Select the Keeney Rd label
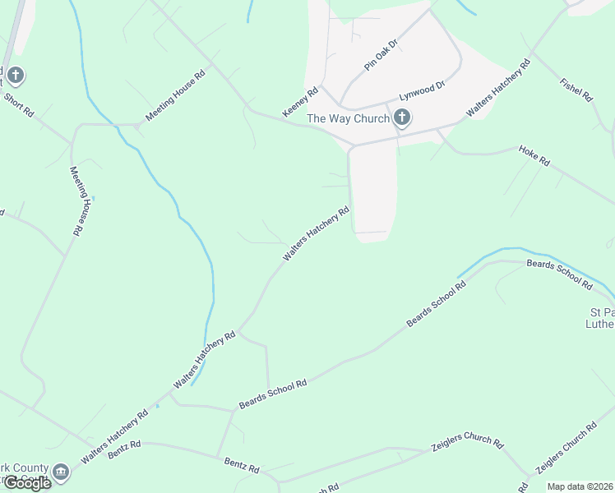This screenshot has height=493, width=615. click(x=300, y=102)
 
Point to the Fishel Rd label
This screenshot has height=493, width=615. click(x=576, y=90)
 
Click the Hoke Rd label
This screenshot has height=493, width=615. click(x=534, y=156)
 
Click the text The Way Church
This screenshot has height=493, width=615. click(x=348, y=118)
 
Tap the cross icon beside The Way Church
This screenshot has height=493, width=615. click(x=402, y=118)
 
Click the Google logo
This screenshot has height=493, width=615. click(x=26, y=483)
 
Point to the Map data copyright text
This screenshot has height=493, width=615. click(x=580, y=486)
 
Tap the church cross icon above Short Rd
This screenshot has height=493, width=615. click(x=16, y=76)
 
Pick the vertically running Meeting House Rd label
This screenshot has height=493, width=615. click(x=77, y=201)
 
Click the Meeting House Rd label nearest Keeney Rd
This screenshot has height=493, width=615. click(x=174, y=97)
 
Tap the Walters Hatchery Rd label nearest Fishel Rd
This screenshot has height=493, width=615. click(x=496, y=89)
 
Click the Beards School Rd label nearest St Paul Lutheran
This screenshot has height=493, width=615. click(x=559, y=274)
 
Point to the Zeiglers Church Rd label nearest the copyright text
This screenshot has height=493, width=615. click(x=566, y=449)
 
